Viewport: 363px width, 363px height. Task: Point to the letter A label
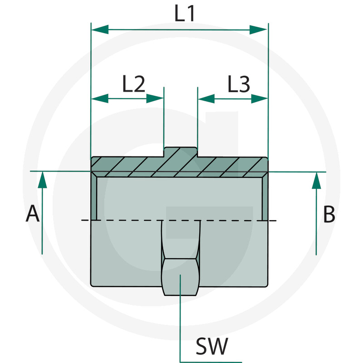pyautogui.click(x=32, y=214)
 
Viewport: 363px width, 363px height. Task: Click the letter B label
pyautogui.click(x=329, y=214)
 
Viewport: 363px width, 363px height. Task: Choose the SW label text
pyautogui.click(x=211, y=348)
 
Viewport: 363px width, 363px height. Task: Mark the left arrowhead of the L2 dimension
pyautogui.click(x=100, y=98)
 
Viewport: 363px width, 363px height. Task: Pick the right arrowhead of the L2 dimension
pyautogui.click(x=155, y=98)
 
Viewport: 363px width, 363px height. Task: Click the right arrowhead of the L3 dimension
pyautogui.click(x=259, y=98)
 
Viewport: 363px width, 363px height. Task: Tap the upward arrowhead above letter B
pyautogui.click(x=317, y=180)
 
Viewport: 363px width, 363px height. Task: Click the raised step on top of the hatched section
pyautogui.click(x=181, y=152)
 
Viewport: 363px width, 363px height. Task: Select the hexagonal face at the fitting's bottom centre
pyautogui.click(x=180, y=277)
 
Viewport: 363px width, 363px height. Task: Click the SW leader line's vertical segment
pyautogui.click(x=180, y=318)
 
